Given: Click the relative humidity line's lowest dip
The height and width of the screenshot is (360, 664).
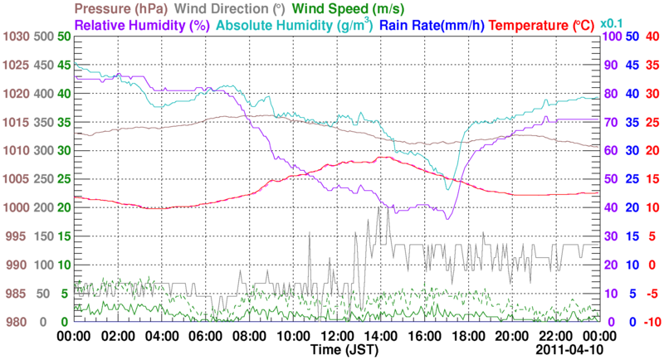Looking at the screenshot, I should point(447,219).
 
